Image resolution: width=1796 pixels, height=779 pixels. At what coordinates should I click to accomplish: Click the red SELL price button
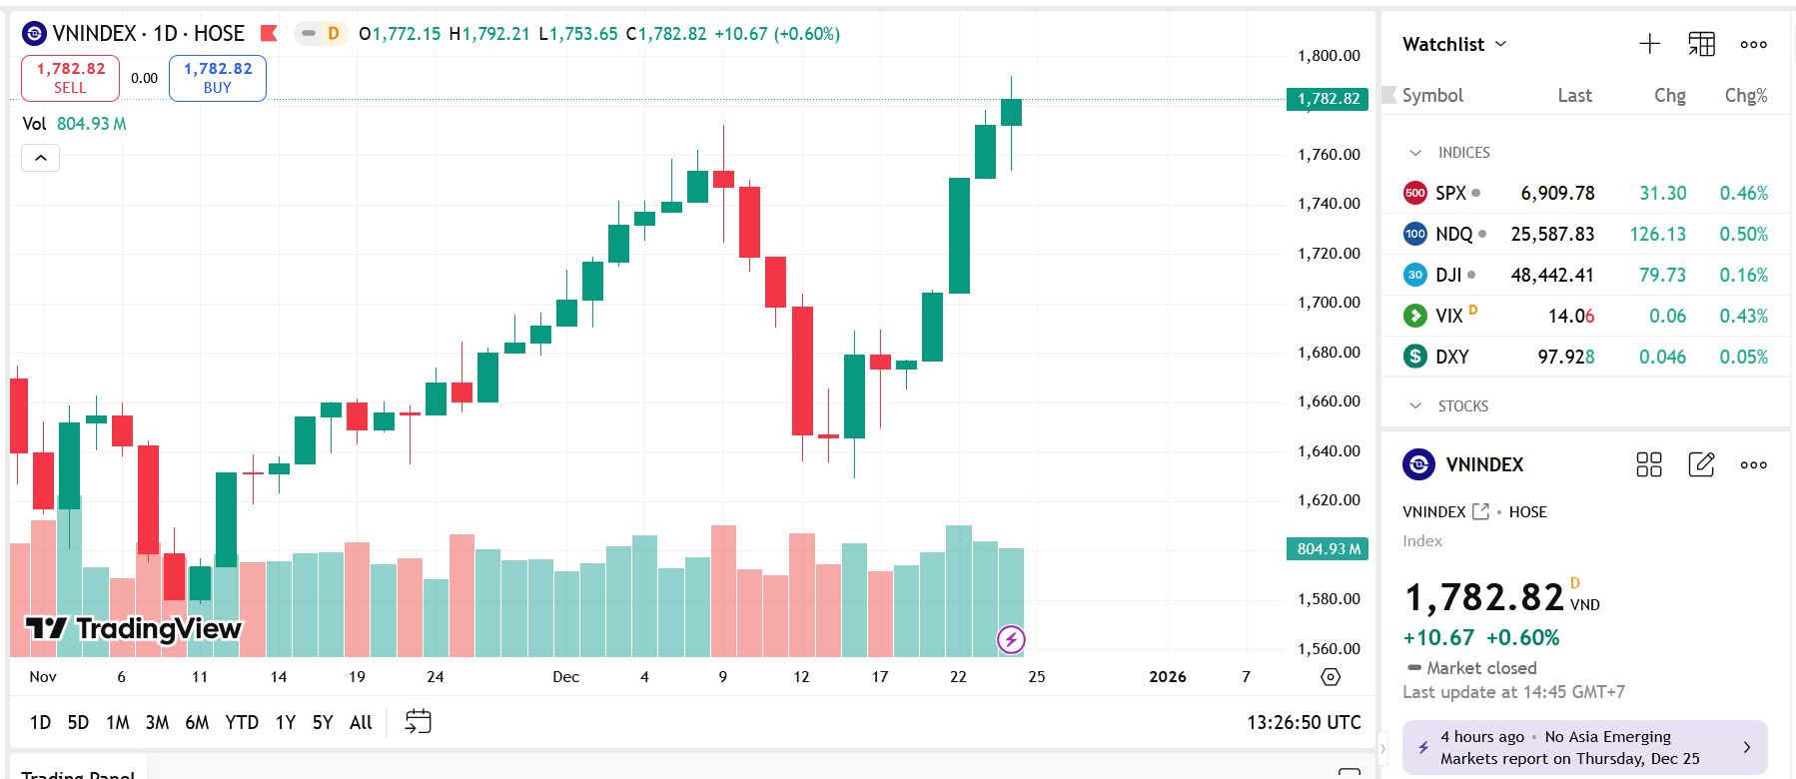click(70, 78)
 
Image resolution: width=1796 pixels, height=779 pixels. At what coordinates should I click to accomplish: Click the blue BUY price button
click(217, 78)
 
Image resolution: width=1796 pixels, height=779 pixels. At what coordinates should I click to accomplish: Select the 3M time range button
click(157, 722)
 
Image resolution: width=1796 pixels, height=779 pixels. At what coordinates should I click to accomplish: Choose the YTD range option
click(242, 722)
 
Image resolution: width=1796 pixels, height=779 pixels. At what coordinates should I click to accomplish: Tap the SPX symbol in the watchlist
click(1450, 193)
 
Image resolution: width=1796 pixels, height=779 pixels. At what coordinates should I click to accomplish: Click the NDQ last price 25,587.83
click(1552, 234)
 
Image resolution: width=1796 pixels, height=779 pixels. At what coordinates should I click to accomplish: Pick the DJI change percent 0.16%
click(1743, 275)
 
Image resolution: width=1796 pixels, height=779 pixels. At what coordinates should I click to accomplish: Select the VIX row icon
click(1414, 316)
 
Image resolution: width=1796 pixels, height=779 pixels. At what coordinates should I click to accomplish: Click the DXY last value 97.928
click(1565, 357)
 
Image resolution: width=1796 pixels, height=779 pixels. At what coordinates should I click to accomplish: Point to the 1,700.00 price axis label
click(1329, 302)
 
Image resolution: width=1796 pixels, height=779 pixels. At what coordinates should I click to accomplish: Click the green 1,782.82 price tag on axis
click(1328, 99)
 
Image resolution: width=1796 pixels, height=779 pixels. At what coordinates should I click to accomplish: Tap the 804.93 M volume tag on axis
click(1328, 548)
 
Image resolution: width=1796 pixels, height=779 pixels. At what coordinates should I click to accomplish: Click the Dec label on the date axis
click(565, 676)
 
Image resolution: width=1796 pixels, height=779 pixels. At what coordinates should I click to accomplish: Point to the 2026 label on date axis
click(1167, 676)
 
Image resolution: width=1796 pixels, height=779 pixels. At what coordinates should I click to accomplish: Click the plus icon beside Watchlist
click(1649, 44)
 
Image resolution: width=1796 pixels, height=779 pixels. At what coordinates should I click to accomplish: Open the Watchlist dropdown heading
click(1453, 44)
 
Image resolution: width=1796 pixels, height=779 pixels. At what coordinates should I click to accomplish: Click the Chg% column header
click(1745, 95)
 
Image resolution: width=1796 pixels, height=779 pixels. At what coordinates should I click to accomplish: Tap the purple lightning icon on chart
click(1011, 639)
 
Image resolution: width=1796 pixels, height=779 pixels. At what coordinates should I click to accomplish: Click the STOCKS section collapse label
click(1462, 405)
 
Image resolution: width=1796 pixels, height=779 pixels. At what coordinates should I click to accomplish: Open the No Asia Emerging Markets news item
click(1584, 747)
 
